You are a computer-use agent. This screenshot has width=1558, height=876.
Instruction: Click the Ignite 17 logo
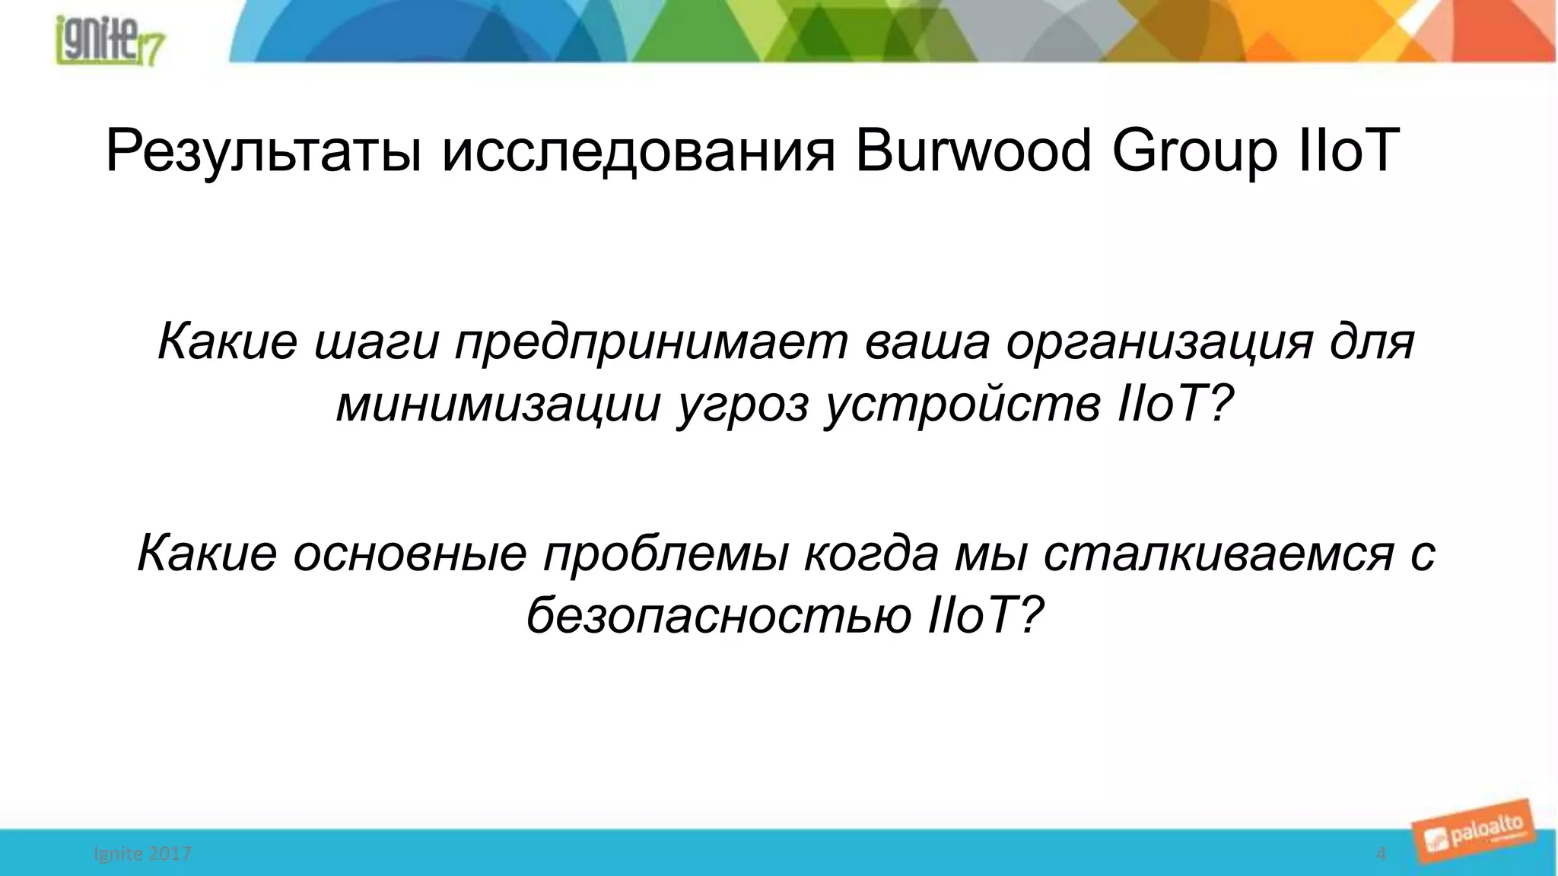point(111,42)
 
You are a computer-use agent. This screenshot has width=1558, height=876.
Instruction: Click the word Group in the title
point(1194,152)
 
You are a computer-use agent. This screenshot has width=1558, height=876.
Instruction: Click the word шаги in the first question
point(377,342)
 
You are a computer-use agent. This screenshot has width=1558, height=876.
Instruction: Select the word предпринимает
point(651,342)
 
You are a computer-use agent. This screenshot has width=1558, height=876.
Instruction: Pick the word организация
point(1159,342)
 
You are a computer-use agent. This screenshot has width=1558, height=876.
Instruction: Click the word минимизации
point(498,405)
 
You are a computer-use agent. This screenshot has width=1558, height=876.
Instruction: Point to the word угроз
point(743,406)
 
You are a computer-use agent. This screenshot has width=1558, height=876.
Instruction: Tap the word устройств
point(963,405)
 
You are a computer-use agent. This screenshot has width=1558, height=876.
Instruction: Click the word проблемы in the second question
point(665,554)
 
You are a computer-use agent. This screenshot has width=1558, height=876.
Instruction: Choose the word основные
point(409,554)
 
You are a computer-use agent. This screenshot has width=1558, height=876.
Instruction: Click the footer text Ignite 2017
point(142,854)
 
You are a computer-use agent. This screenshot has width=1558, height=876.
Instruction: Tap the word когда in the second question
point(871,554)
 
